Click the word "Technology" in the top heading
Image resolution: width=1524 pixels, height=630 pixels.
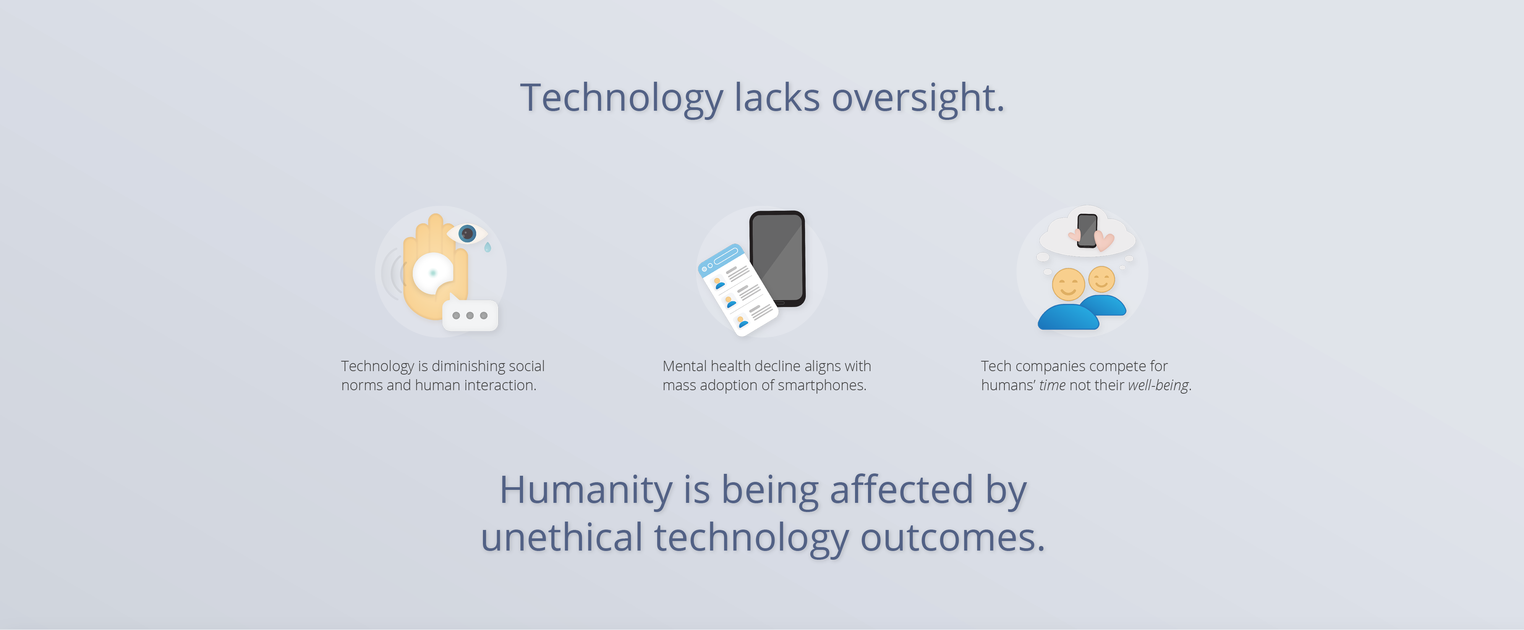tap(621, 99)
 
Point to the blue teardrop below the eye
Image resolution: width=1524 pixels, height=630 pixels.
tap(487, 247)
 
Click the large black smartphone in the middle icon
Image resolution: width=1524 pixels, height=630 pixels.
tap(777, 258)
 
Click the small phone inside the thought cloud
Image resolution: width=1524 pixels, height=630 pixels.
tap(1087, 231)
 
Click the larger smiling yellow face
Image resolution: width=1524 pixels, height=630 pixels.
tap(1068, 284)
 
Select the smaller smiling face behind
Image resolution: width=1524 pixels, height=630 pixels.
tap(1101, 279)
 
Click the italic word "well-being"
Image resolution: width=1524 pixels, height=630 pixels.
tap(1158, 385)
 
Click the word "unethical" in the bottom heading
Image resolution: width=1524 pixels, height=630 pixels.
tap(562, 538)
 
